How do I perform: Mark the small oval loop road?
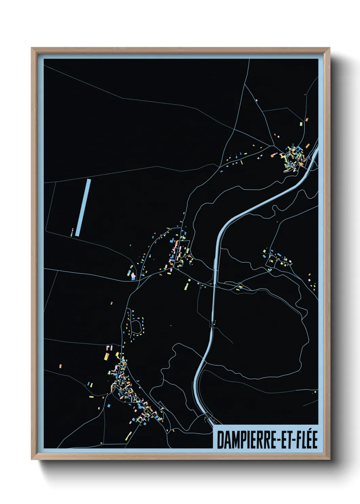136,326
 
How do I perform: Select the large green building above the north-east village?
301,124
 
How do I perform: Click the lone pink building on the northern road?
256,100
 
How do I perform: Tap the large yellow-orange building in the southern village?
106,356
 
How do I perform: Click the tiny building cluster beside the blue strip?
72,233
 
